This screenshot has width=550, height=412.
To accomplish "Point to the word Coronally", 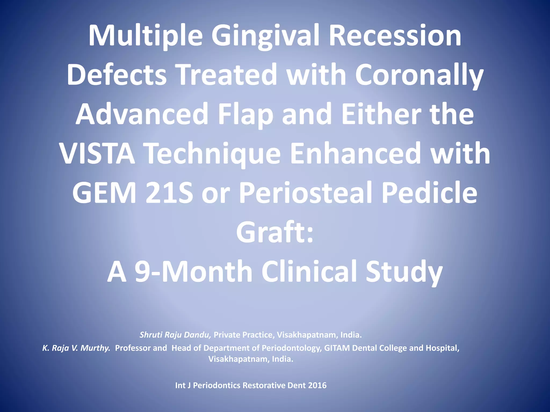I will (x=419, y=75).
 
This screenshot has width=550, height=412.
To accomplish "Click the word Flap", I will (x=245, y=115).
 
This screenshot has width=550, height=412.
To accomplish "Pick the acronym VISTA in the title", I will (x=97, y=154).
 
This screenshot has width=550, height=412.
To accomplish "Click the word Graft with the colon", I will (x=274, y=232).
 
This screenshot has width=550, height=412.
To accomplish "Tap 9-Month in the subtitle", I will (x=193, y=271).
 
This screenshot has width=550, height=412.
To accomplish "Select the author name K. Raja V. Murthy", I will (x=77, y=348).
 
